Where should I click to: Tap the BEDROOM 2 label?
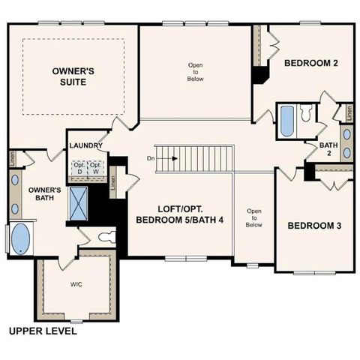[311, 64]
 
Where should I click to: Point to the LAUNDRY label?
[85, 145]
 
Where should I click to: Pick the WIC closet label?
[76, 285]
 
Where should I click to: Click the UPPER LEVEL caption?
[42, 330]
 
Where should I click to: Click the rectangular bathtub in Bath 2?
[286, 120]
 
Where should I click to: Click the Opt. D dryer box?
[78, 166]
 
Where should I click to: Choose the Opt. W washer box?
[95, 166]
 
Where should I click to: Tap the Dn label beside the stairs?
[151, 158]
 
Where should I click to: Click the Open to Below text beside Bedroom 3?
[254, 217]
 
